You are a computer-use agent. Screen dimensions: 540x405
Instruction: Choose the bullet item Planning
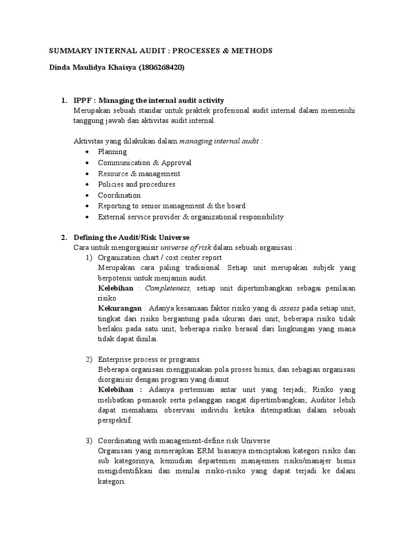(112, 152)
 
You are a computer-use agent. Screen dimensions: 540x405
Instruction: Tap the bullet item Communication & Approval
(144, 163)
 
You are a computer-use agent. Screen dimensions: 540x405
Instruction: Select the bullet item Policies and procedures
(137, 185)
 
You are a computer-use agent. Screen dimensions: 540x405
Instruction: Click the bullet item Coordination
(119, 195)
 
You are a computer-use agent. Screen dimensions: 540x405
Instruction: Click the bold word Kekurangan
(120, 308)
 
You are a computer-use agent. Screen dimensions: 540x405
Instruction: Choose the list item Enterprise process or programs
(149, 359)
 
